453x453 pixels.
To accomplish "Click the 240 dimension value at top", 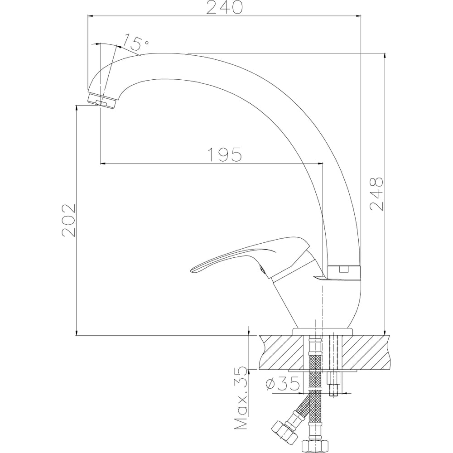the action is [x=224, y=8].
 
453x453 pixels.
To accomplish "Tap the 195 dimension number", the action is [x=225, y=154].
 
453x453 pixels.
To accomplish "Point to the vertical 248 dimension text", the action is [x=376, y=194].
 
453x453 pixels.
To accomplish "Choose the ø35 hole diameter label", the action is [x=283, y=384].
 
